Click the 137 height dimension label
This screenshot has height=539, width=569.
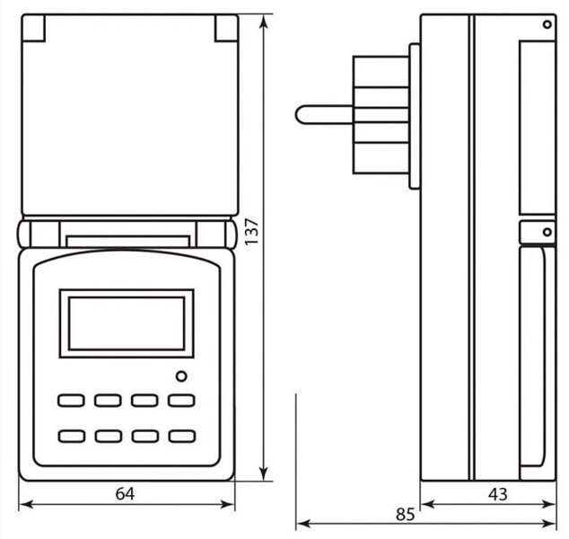[x=251, y=232]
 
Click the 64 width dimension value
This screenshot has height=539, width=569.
[x=125, y=493]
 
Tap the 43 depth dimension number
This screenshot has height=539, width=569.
[x=498, y=494]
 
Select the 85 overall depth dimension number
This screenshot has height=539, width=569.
[x=405, y=515]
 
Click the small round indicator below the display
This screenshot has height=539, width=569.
[x=181, y=376]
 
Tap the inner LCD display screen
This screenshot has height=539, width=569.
[x=127, y=323]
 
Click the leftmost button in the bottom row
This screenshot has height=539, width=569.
[x=72, y=437]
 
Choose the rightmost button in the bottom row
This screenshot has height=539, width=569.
[x=182, y=437]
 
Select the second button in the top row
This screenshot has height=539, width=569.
[x=108, y=401]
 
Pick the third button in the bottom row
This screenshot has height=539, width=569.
[x=145, y=437]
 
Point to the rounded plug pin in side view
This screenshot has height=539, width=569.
[x=324, y=115]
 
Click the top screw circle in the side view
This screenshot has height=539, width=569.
[x=547, y=24]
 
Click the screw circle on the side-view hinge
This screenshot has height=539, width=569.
[x=547, y=232]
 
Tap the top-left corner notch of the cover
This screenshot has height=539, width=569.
[x=33, y=28]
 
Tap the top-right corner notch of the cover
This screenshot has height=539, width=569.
[x=226, y=28]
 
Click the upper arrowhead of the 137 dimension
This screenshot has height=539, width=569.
[x=264, y=21]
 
